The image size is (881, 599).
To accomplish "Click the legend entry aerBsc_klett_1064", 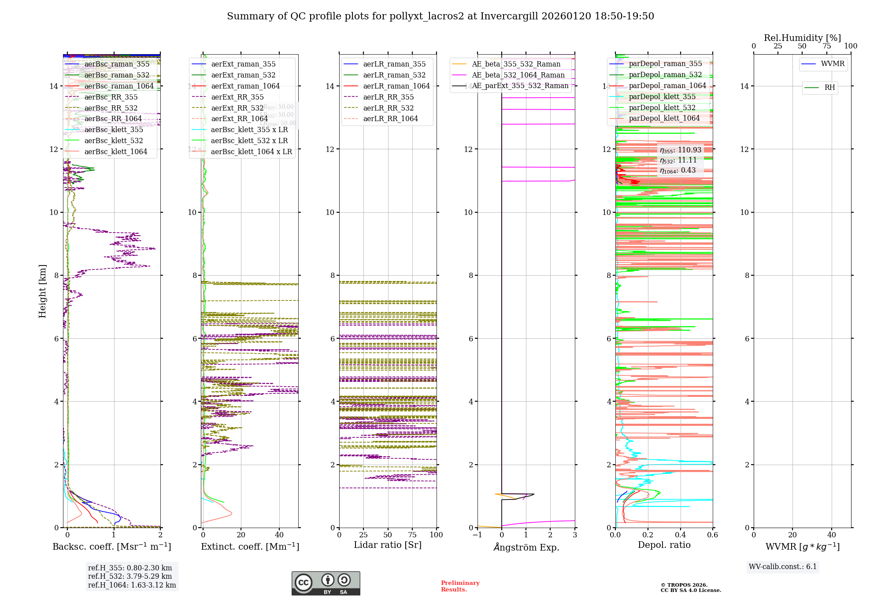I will [115, 152].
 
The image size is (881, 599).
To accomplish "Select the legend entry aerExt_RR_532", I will [237, 108].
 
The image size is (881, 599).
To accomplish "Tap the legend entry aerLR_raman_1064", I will [396, 86].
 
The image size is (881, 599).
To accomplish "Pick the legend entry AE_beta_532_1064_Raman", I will [518, 75].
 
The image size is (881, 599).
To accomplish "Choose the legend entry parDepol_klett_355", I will [662, 96].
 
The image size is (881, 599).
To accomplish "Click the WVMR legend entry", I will [833, 64].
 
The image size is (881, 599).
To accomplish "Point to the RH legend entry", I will [829, 88].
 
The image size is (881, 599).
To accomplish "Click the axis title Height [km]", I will [42, 291].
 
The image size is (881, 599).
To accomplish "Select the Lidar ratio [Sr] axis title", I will [388, 545].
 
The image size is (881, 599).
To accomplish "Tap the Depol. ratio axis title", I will [664, 545].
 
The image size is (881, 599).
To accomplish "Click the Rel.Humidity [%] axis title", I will [802, 38].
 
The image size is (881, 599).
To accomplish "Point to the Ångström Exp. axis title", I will [526, 547].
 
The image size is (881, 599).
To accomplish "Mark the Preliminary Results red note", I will [460, 586].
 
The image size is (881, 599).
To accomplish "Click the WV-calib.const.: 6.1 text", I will [782, 567].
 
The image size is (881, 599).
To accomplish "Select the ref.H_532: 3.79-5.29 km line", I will [130, 576].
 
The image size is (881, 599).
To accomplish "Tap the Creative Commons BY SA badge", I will [326, 583].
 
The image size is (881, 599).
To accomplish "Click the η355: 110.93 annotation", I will [680, 150].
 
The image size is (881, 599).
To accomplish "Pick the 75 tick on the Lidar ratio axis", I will [412, 535].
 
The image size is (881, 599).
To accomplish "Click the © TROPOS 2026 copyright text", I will [684, 585].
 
